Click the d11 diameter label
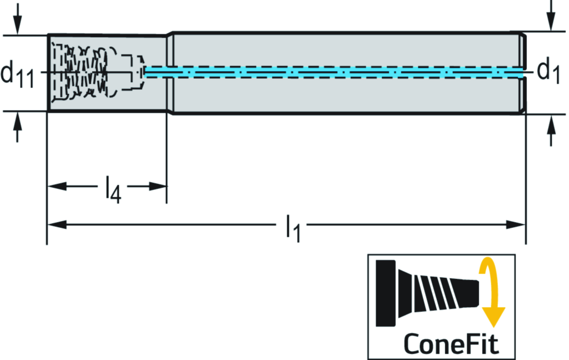18,73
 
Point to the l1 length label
293,228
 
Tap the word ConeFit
451,343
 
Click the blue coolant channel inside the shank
333,73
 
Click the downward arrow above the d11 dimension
18,22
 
